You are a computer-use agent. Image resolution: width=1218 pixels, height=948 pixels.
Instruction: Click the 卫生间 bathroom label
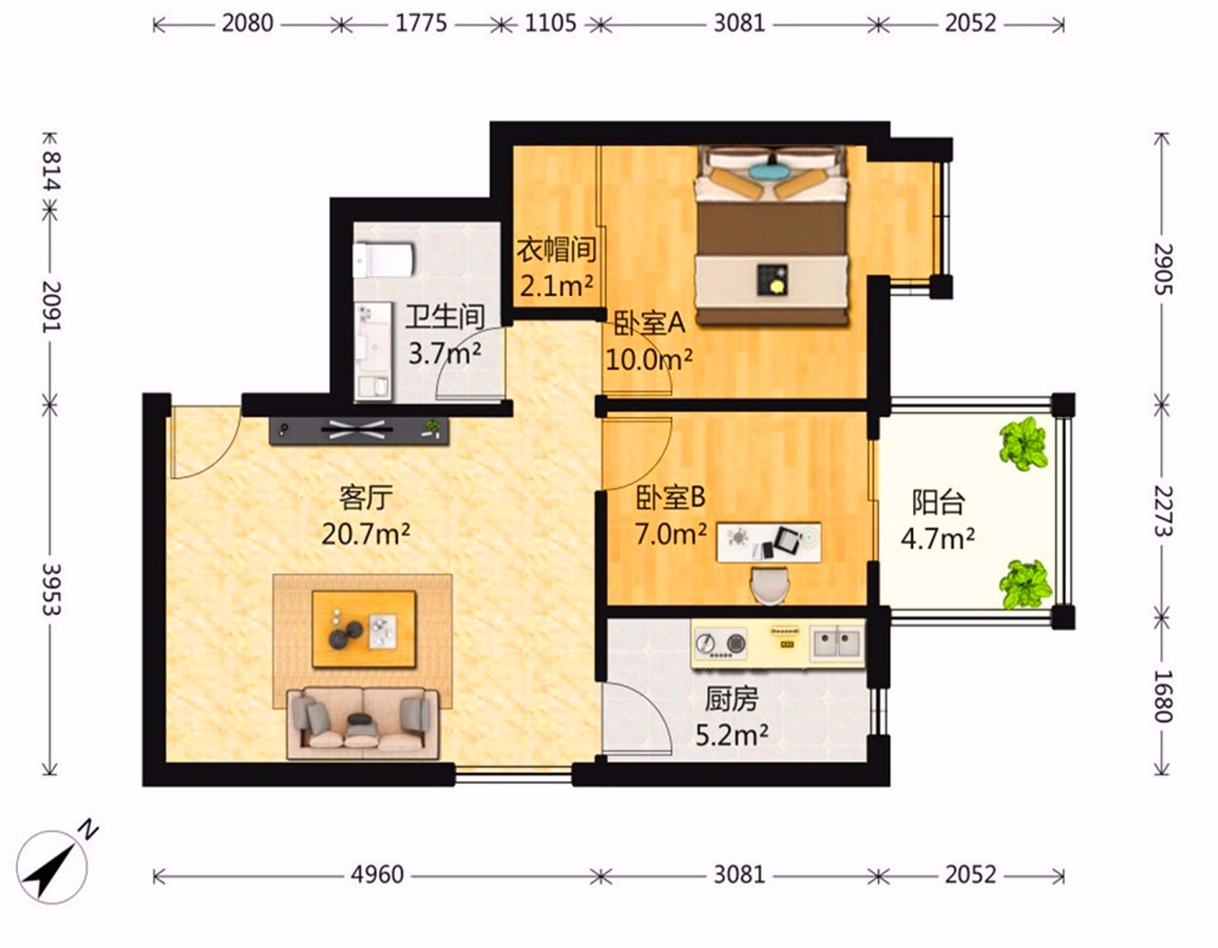click(x=445, y=317)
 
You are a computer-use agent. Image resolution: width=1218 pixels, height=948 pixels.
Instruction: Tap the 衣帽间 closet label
click(x=556, y=249)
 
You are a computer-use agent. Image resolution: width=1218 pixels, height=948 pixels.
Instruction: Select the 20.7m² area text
click(x=365, y=534)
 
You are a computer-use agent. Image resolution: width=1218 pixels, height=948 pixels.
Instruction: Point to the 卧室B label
click(x=670, y=497)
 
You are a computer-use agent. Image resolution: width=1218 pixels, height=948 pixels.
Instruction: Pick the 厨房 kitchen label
click(x=732, y=700)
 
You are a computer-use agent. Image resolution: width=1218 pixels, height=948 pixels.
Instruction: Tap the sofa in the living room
click(x=363, y=723)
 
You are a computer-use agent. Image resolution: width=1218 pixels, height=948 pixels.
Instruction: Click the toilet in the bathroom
click(x=384, y=260)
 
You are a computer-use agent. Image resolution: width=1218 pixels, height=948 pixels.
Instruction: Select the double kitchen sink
click(x=837, y=644)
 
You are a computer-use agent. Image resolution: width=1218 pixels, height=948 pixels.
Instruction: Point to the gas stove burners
click(x=721, y=643)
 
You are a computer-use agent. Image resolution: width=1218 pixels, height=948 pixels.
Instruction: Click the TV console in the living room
click(x=359, y=431)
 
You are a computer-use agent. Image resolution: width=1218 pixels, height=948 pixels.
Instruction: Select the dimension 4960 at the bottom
click(x=377, y=875)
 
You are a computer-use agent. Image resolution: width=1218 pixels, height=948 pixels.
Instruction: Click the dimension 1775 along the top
click(x=421, y=23)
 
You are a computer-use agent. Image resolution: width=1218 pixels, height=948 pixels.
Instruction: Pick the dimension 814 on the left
click(x=51, y=170)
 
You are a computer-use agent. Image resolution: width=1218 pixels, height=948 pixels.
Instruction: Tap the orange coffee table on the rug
click(x=364, y=628)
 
